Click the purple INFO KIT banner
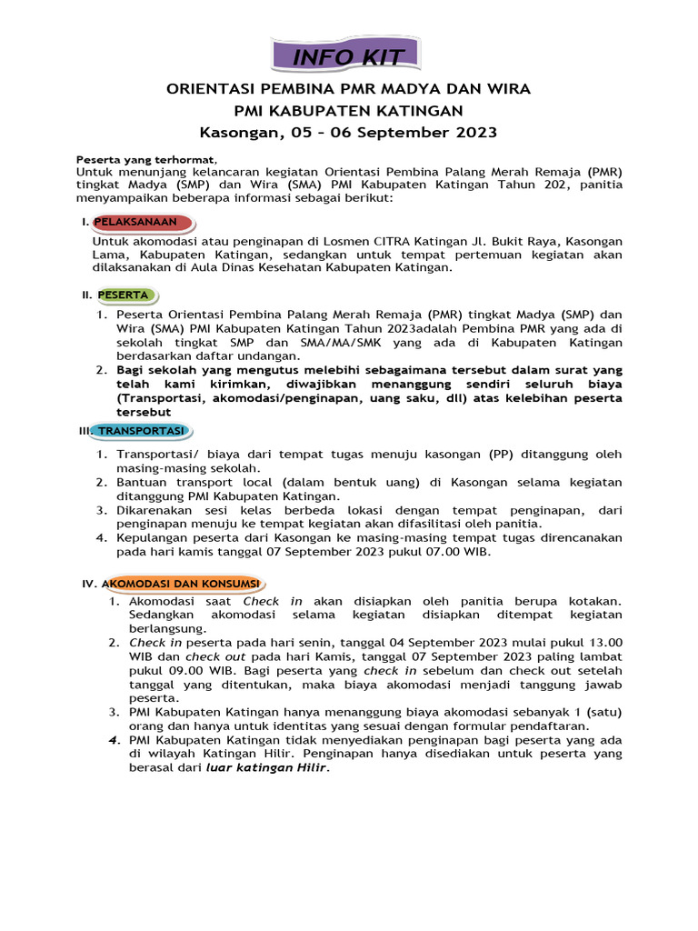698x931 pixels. click(348, 58)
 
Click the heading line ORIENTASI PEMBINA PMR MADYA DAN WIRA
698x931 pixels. click(348, 89)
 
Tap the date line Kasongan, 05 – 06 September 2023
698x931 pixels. click(348, 133)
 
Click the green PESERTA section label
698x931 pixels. click(126, 295)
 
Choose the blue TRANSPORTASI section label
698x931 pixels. click(141, 430)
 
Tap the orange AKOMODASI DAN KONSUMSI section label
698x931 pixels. click(182, 582)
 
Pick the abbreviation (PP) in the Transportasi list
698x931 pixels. click(501, 454)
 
